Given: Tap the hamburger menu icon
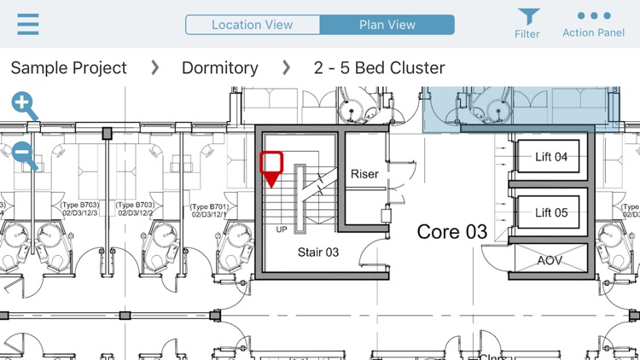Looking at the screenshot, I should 28,24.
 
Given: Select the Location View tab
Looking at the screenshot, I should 253,25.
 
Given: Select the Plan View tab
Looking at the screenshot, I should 387,25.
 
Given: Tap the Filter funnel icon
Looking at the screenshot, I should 527,18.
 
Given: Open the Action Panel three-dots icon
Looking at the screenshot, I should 594,16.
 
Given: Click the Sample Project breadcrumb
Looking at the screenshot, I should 69,67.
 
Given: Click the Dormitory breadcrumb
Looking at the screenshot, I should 220,67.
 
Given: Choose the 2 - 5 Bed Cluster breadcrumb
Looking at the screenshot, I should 379,67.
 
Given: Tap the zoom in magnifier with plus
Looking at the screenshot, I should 25,107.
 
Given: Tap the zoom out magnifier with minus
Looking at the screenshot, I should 25,155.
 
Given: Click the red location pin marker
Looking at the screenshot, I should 271,166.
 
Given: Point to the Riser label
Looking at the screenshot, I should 364,174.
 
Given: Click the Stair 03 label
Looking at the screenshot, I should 318,252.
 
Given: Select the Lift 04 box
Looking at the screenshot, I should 550,157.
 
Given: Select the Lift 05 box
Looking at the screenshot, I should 550,213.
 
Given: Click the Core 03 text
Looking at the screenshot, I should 451,232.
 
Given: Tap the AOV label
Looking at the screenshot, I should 550,260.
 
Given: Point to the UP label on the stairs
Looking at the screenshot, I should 282,229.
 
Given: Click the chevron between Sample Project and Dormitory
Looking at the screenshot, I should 154,67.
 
